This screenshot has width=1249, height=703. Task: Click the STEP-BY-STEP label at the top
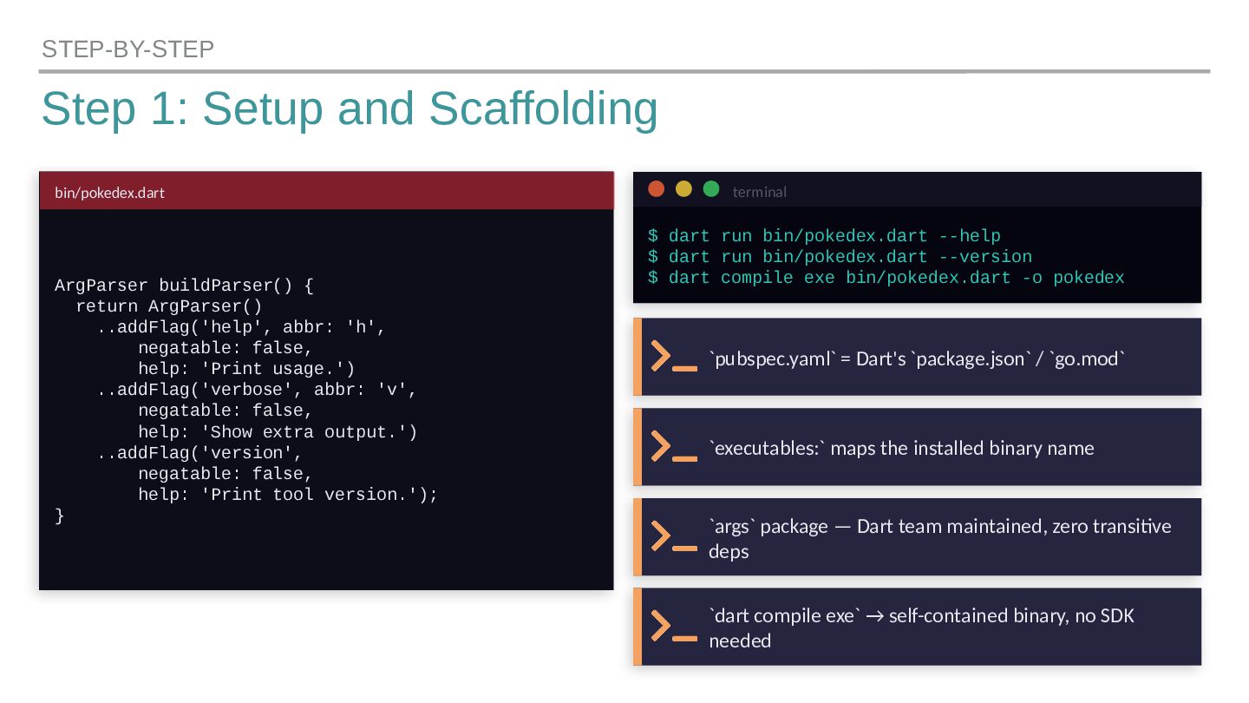pyautogui.click(x=128, y=49)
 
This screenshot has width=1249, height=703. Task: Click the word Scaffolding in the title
pyautogui.click(x=543, y=109)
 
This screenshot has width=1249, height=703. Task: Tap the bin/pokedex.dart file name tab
pyautogui.click(x=109, y=193)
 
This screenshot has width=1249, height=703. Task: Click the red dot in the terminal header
pyautogui.click(x=657, y=189)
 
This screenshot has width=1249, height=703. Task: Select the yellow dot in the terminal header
pyautogui.click(x=683, y=189)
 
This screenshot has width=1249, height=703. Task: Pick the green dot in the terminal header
pyautogui.click(x=711, y=189)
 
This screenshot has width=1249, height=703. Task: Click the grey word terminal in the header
pyautogui.click(x=759, y=192)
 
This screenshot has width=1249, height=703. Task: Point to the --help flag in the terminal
pyautogui.click(x=970, y=236)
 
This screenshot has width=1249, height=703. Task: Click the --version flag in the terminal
pyautogui.click(x=985, y=257)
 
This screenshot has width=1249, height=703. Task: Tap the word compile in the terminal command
pyautogui.click(x=757, y=278)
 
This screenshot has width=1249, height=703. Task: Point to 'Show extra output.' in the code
pyautogui.click(x=309, y=432)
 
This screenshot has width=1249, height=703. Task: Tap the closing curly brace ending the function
pyautogui.click(x=60, y=516)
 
